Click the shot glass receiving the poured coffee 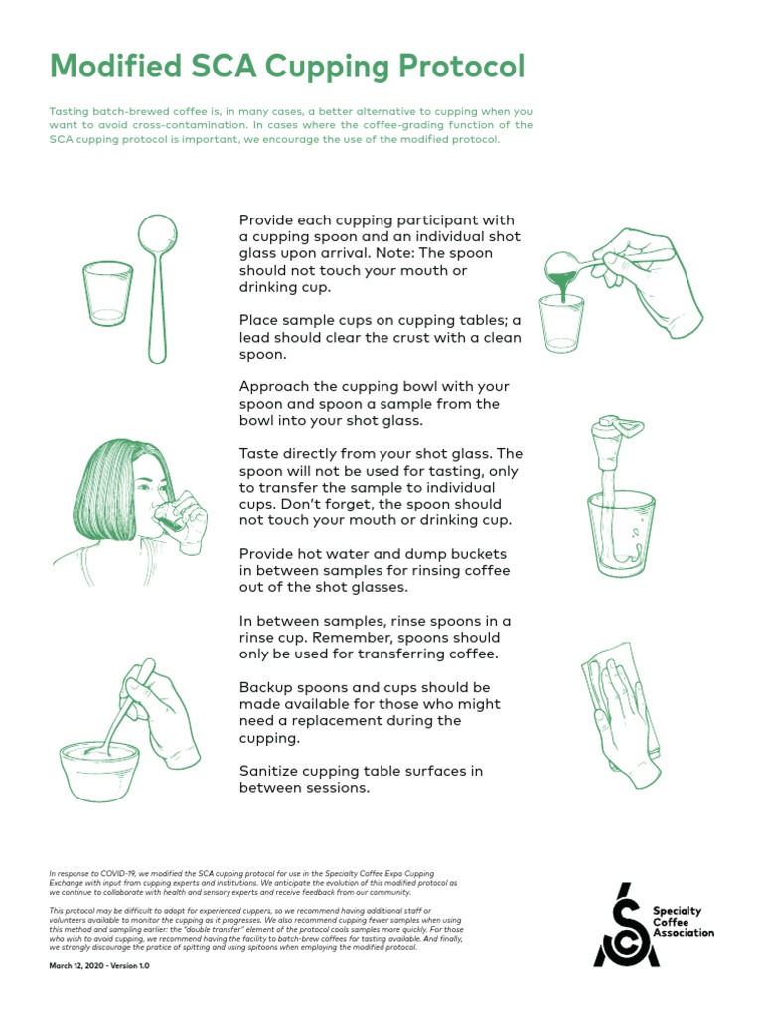[x=560, y=323]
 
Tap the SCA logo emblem [x=625, y=925]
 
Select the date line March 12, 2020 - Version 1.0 [x=99, y=964]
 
